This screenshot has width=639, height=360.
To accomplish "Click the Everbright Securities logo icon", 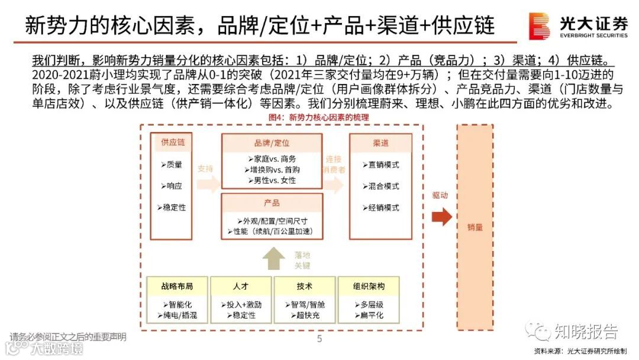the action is [540, 26].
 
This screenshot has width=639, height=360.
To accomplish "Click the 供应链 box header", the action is [173, 143].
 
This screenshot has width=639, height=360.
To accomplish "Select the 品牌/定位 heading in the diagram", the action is [272, 143].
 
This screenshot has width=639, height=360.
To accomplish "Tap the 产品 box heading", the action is [272, 202].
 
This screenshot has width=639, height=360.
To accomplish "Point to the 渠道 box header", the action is [380, 143].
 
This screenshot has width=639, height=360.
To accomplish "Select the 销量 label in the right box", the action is [475, 227].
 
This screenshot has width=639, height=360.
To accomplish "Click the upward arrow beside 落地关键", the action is [273, 258].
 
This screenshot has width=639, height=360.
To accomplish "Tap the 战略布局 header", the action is [177, 287].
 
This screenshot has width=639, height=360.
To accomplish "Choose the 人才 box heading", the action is [240, 287].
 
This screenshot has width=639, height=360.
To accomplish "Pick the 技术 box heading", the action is [304, 287].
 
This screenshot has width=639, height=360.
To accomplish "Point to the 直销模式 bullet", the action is [380, 165].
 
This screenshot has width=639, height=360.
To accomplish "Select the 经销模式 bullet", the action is [380, 208].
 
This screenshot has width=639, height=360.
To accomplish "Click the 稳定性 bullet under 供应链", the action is [172, 208].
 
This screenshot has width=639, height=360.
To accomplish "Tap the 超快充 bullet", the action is [304, 316].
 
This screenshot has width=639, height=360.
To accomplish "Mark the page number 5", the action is [319, 339].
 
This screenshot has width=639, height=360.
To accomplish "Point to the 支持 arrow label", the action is [205, 168].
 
